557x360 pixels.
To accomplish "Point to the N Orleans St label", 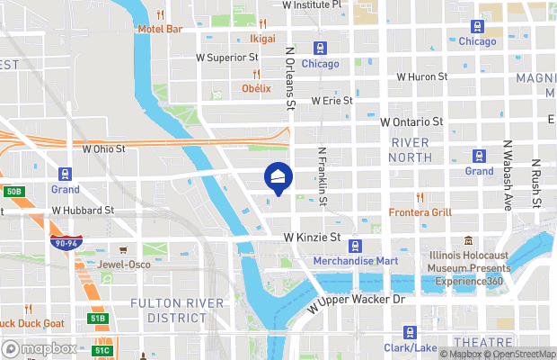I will click(x=290, y=79).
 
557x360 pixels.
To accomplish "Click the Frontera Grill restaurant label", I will click(x=420, y=212).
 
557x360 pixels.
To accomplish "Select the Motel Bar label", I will click(x=160, y=29).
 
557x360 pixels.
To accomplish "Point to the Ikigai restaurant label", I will click(x=262, y=39).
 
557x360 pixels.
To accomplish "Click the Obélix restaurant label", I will click(x=256, y=88).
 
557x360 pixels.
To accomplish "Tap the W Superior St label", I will click(x=227, y=57).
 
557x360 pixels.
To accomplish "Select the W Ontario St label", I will click(x=412, y=121).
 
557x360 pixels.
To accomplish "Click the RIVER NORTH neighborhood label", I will click(x=411, y=150).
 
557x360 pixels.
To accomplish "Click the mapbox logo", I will click(x=40, y=348).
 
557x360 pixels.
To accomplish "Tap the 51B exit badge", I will click(x=98, y=318).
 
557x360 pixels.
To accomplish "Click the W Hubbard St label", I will click(x=83, y=210).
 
